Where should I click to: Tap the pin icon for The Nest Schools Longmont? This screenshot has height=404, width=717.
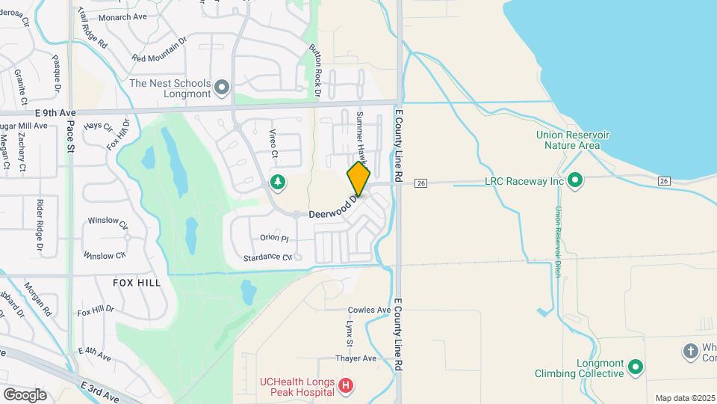[222, 88]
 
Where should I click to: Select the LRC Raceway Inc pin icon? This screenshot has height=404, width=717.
[575, 180]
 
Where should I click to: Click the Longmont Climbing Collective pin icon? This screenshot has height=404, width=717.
[635, 367]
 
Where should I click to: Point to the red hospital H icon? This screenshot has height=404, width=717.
[346, 386]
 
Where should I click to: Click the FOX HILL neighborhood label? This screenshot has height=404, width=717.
[137, 283]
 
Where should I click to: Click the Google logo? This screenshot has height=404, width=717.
[25, 394]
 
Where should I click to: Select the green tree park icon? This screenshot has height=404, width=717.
[277, 182]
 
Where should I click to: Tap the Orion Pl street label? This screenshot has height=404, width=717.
[274, 238]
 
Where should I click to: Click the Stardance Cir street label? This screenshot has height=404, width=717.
[267, 258]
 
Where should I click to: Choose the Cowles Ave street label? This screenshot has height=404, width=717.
[369, 310]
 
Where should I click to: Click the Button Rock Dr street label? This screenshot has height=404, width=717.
[314, 70]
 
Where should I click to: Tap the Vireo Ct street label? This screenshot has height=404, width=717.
[273, 144]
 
